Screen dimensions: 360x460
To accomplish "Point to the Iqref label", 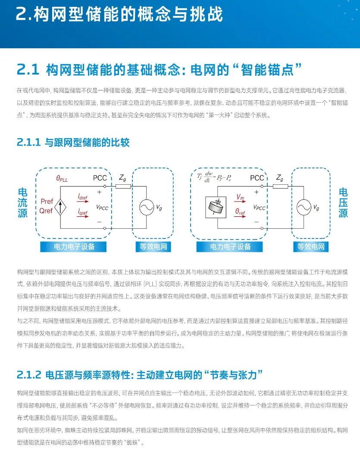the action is (x=82, y=212).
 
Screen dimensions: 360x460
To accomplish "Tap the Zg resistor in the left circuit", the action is (x=123, y=186).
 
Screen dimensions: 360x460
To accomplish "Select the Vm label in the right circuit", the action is (x=240, y=197).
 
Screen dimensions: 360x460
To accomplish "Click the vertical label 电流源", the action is (x=22, y=202).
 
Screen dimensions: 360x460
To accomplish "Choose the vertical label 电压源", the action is (x=343, y=202).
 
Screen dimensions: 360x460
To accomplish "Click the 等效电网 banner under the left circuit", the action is (x=153, y=247).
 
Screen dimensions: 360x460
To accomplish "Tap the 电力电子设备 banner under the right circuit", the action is (x=230, y=247).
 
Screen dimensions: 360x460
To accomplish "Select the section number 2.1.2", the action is (x=29, y=375).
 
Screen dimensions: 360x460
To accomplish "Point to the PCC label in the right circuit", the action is (x=257, y=178).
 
